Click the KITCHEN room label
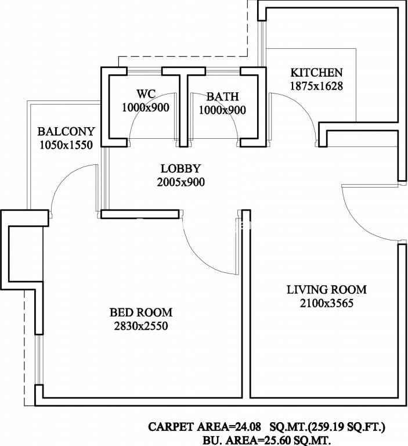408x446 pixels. coord(316,73)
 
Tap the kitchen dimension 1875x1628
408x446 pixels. coord(316,86)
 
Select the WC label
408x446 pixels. coord(146,93)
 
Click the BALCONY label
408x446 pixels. coord(66,132)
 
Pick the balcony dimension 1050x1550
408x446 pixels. coord(66,145)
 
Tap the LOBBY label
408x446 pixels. coord(181,168)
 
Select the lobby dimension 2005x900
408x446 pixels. coord(181,182)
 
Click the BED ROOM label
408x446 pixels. coord(141,312)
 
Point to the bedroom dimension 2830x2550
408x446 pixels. coord(141,326)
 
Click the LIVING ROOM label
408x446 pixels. coord(327,290)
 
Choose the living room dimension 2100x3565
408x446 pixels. coord(327,303)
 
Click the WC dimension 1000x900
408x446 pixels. coord(146,108)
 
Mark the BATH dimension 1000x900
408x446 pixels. coord(222,110)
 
